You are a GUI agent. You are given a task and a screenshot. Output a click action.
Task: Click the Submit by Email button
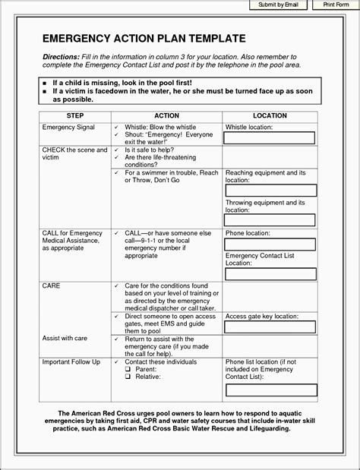coord(279,5)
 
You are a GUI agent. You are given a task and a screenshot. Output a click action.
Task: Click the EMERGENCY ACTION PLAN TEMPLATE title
coord(144,38)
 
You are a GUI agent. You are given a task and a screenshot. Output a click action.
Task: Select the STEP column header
coord(75,115)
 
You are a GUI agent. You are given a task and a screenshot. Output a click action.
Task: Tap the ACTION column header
coord(166,115)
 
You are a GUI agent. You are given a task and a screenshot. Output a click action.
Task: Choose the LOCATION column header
coord(270,115)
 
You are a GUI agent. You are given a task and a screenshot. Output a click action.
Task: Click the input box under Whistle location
coord(270,137)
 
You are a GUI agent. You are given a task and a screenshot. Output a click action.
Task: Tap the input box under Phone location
coord(270,244)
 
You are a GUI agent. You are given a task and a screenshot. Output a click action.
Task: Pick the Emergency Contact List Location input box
coord(270,273)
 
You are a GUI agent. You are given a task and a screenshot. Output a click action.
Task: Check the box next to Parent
coord(129,370)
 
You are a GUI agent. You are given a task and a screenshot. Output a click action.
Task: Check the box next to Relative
coord(129,377)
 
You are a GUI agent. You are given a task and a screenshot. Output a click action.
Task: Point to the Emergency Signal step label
coord(68,127)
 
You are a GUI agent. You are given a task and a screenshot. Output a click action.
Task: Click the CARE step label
coord(52,285)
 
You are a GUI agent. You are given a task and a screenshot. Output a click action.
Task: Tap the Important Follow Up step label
coord(71,362)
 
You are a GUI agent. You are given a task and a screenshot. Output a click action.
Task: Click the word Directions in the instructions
coord(61,57)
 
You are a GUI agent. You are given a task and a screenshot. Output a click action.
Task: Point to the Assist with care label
coord(65,338)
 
